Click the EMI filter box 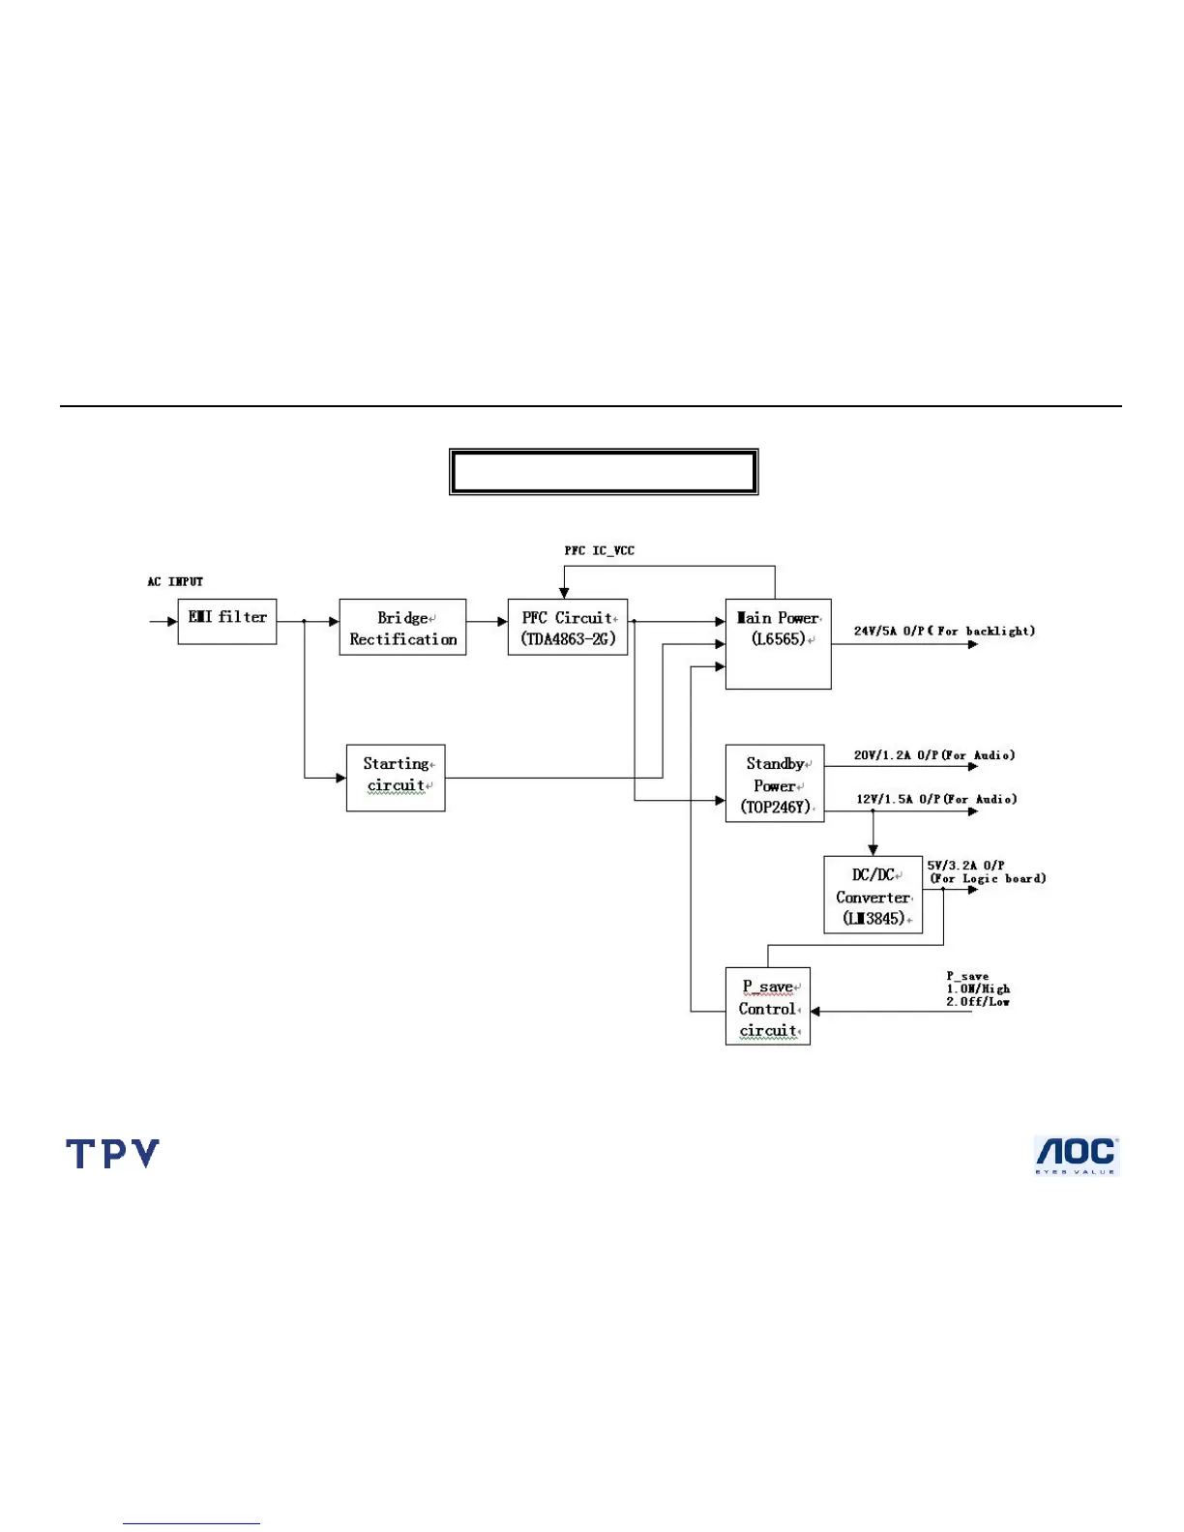[227, 621]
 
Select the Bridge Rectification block [402, 628]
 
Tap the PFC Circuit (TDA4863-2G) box [568, 628]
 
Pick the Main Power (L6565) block [778, 643]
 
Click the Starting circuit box [396, 778]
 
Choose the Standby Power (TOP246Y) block [775, 783]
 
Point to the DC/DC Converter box [873, 895]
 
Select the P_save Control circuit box [768, 1007]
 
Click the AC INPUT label [175, 581]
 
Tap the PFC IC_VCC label [600, 550]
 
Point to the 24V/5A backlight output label [944, 631]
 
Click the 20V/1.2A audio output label [934, 754]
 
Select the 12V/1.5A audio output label [936, 799]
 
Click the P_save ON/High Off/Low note [978, 989]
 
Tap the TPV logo [112, 1154]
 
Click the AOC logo [1077, 1156]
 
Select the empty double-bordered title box [604, 472]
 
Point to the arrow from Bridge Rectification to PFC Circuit [488, 621]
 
